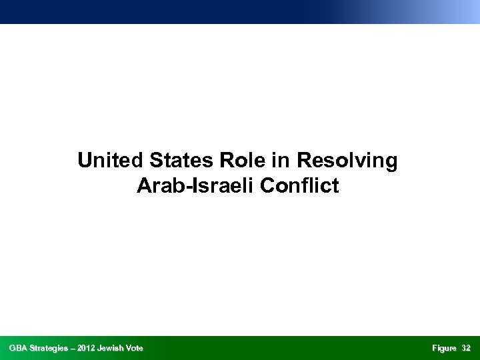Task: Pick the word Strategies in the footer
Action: click(52, 348)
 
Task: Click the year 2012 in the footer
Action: click(92, 348)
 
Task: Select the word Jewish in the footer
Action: click(116, 348)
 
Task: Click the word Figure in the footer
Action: click(443, 348)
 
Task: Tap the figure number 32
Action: click(466, 348)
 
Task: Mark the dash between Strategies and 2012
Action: click(77, 348)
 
